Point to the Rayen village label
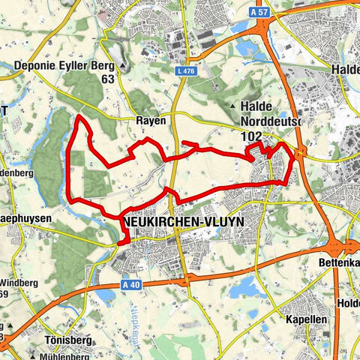point(149,119)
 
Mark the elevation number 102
point(252,136)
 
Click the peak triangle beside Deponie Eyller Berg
point(122,65)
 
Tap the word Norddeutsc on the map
point(271,122)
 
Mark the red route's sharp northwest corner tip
point(79,117)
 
